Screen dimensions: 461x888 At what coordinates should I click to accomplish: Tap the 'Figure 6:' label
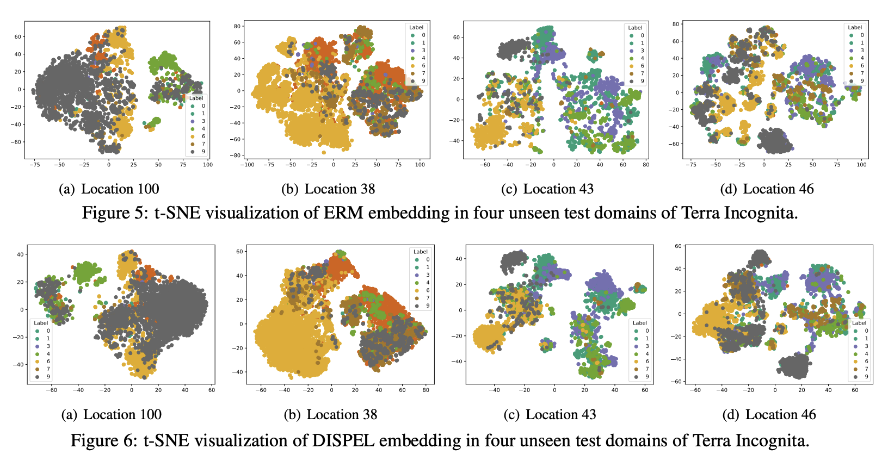(x=104, y=440)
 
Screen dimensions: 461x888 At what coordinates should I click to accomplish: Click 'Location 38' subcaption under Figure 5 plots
(x=340, y=189)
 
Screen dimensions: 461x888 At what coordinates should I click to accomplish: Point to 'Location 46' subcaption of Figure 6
(x=780, y=414)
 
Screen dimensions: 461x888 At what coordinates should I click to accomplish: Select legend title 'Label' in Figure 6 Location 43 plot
(x=640, y=323)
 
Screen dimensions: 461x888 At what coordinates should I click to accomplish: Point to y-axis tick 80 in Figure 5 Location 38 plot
(x=237, y=26)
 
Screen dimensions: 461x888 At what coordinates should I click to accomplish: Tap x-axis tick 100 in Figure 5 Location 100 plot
(x=208, y=164)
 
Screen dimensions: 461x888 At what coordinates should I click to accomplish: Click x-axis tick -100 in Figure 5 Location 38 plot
(x=248, y=164)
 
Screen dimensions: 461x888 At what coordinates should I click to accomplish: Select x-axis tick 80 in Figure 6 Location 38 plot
(x=426, y=390)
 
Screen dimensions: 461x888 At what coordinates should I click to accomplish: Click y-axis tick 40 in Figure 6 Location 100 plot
(x=21, y=254)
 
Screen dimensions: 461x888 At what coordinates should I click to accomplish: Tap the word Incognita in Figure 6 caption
(x=772, y=440)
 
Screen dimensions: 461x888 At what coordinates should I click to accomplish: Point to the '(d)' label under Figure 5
(x=729, y=189)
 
